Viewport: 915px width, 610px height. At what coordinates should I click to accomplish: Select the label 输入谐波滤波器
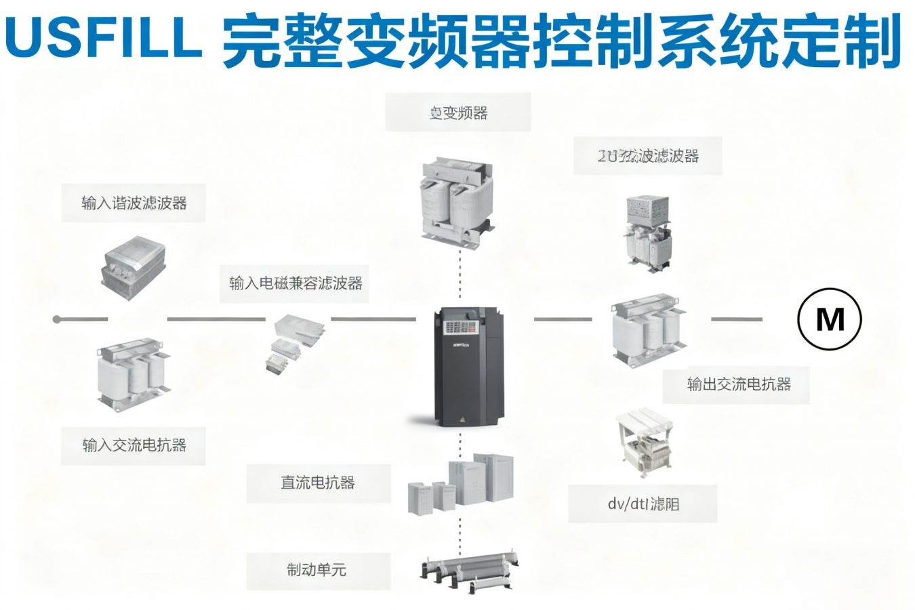134,203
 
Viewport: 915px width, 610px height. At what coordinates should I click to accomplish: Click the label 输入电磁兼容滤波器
296,283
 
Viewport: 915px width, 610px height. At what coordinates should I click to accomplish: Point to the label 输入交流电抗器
134,445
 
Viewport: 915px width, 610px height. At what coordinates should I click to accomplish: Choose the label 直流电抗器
318,483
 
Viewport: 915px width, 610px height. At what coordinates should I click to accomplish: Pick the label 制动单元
317,570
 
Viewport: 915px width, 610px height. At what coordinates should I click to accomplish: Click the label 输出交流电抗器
739,384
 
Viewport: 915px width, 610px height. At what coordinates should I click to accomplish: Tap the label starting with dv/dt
643,504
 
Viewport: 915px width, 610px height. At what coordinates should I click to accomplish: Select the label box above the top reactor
458,113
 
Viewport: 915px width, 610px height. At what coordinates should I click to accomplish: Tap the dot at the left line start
57,319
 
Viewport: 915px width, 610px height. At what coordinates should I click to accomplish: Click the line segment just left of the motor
736,319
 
